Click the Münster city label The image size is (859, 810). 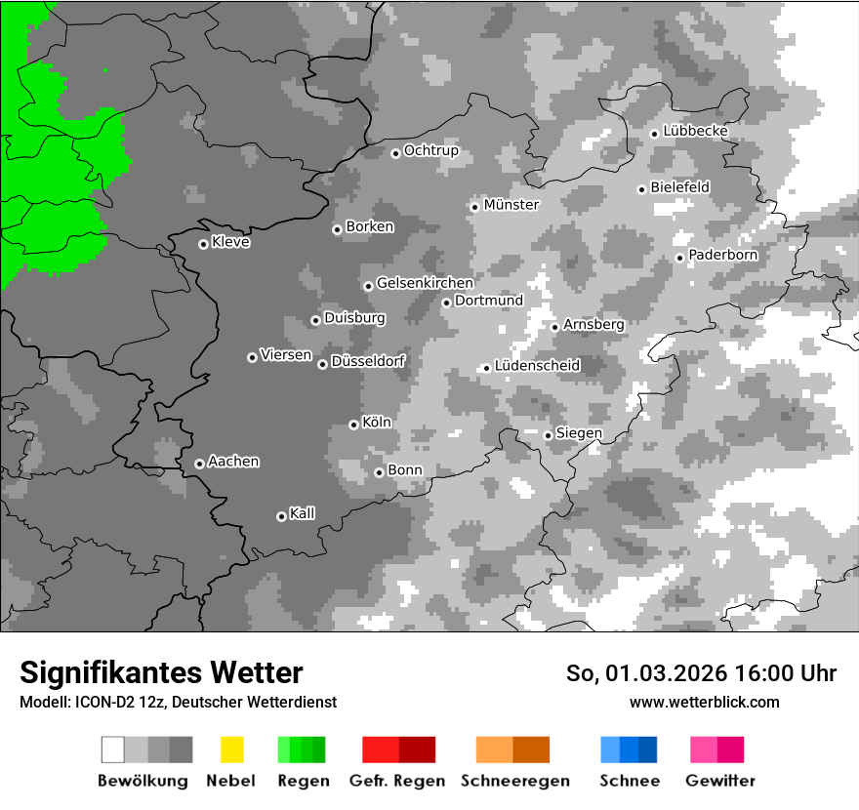click(511, 205)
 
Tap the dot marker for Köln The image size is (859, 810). click(353, 425)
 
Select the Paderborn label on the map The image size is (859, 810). click(722, 256)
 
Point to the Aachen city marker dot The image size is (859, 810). click(199, 464)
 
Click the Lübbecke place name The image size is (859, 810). click(695, 131)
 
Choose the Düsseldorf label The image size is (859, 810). click(368, 362)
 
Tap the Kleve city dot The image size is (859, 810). click(203, 244)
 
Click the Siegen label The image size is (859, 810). click(579, 433)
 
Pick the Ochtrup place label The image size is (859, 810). click(430, 151)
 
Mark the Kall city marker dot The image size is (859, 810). click(281, 516)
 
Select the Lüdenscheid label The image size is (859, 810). click(537, 366)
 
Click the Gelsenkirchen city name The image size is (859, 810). click(425, 284)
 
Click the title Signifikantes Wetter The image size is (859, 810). click(161, 672)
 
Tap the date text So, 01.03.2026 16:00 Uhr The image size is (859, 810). click(701, 673)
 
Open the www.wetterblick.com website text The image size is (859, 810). click(704, 702)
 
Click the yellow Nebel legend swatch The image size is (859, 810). click(231, 749)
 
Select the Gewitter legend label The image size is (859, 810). click(719, 781)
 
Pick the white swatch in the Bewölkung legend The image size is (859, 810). click(113, 749)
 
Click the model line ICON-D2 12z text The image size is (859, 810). click(178, 703)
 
